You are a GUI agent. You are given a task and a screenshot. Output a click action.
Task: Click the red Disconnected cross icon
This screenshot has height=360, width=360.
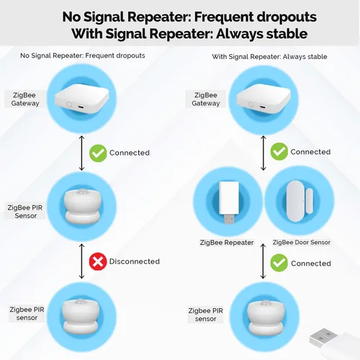click(x=97, y=261)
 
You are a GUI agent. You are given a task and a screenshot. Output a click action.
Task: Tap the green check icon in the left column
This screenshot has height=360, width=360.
click(x=97, y=153)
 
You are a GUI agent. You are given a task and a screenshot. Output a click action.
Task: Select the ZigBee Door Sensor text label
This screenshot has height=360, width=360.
click(x=302, y=243)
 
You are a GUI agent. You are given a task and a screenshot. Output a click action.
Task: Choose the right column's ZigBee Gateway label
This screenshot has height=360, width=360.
click(x=206, y=99)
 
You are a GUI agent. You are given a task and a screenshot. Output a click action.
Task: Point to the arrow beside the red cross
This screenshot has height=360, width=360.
click(x=81, y=261)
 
